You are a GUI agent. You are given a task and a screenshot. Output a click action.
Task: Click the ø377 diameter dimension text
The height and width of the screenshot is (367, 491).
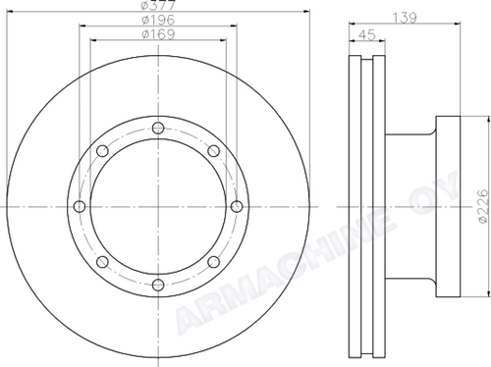click(158, 5)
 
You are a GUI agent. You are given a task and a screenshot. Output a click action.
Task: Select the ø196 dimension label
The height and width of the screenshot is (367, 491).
click(158, 20)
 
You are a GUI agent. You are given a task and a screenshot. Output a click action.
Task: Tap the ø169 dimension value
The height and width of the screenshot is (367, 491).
click(158, 33)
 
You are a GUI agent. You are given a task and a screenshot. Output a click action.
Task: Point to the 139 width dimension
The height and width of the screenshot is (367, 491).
click(405, 18)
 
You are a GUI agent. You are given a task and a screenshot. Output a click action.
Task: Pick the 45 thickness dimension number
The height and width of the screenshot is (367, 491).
click(367, 34)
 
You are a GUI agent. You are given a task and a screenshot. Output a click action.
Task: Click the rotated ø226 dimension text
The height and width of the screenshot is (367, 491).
click(483, 206)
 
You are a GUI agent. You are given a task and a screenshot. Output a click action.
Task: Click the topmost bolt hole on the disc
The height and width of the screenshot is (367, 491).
click(158, 128)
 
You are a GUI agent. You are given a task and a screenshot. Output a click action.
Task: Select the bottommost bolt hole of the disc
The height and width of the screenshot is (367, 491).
click(158, 285)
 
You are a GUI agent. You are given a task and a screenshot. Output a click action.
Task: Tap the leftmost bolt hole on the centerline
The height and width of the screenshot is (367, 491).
click(80, 206)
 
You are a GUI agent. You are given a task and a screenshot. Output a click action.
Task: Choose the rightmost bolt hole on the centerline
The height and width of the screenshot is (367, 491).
click(237, 206)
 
